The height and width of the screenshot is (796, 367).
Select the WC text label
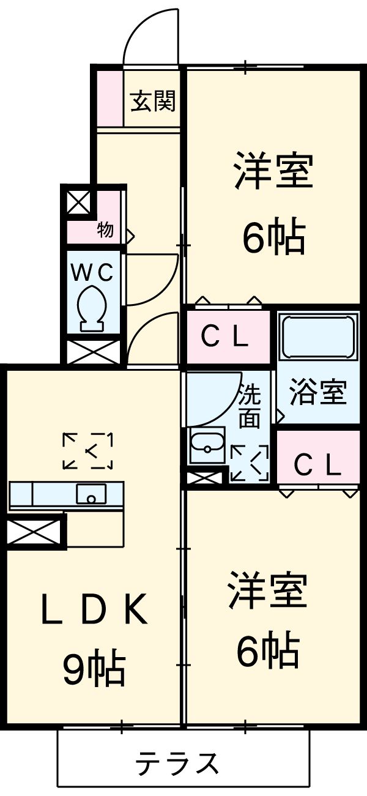coord(93,272)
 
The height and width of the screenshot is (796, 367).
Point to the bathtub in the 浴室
coord(318,337)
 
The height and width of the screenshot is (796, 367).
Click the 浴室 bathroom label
coord(318,392)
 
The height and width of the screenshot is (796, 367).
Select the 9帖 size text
coord(94,669)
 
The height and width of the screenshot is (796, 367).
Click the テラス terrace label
coord(177,763)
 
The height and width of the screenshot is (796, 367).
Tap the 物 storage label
coord(105,231)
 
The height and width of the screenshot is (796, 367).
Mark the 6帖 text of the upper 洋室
coord(273,238)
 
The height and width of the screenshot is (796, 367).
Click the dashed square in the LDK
coord(88,451)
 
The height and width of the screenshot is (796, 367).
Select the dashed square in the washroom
coord(250,463)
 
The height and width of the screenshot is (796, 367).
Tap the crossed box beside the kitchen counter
coord(35,532)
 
